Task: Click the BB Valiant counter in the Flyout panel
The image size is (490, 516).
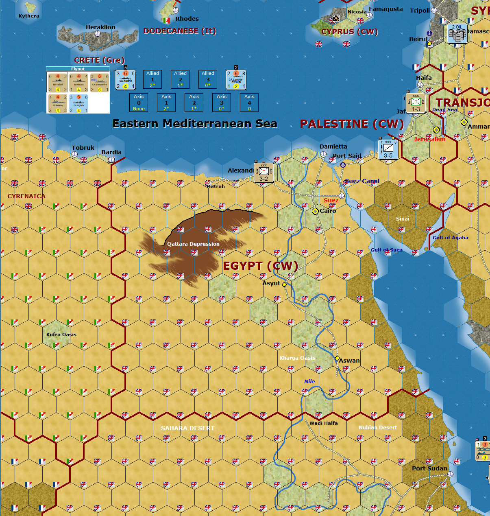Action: coord(57,83)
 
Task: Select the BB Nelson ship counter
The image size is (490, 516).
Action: coord(57,103)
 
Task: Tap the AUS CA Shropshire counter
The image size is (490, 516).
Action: coord(99,83)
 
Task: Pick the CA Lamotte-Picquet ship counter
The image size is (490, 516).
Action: coord(236,80)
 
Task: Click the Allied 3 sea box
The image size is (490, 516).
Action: coord(208,79)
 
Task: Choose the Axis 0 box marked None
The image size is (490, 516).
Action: coord(139,103)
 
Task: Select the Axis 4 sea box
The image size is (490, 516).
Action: coord(249,103)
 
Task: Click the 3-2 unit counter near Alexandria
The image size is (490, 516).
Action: coord(264,173)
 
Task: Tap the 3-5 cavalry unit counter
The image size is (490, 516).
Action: coord(388,149)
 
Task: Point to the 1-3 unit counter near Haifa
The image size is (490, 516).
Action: coord(416,103)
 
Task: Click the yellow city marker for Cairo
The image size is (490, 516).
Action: coord(315,211)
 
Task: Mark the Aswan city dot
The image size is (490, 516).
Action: coord(337,359)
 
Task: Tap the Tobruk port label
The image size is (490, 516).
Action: coord(83,148)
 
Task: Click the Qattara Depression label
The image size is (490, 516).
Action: coord(193,244)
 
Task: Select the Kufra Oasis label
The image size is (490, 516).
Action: coord(61,335)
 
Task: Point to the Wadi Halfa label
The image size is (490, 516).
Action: coord(324,423)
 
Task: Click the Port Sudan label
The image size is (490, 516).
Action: coord(429,468)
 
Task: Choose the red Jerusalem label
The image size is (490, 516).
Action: coord(429,139)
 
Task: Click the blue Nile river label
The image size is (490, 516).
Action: coord(309,381)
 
